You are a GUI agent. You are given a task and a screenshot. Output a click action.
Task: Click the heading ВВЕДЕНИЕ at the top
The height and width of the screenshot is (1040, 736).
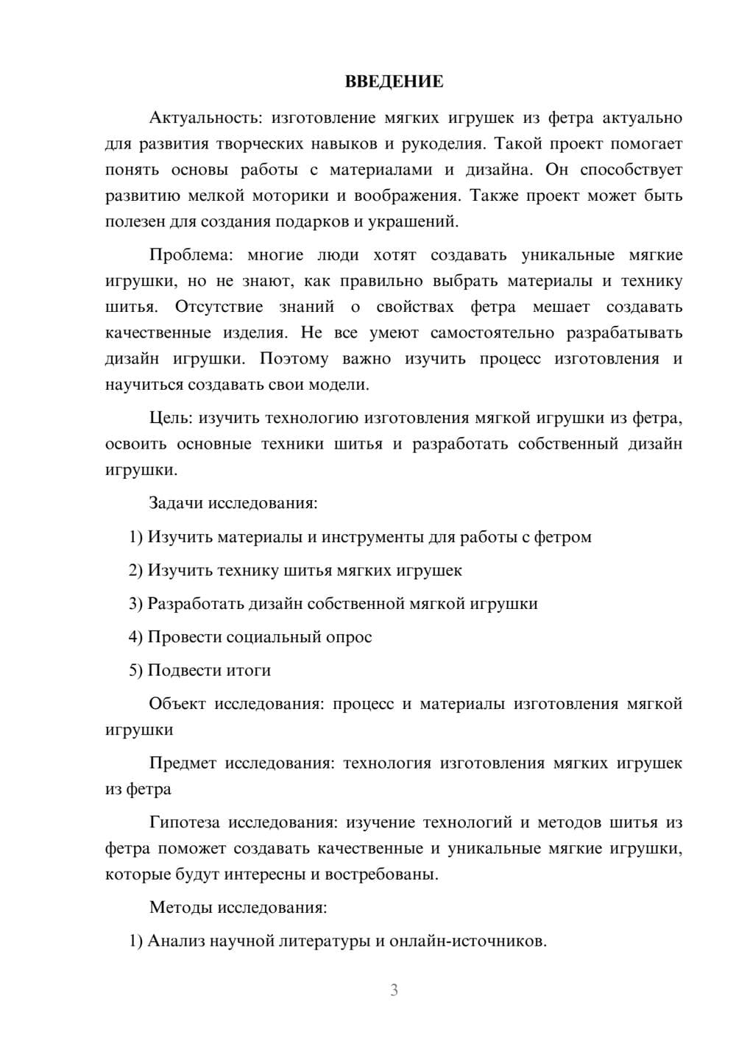click(x=394, y=82)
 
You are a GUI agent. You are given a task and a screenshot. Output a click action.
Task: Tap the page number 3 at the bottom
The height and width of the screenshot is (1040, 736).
click(x=394, y=990)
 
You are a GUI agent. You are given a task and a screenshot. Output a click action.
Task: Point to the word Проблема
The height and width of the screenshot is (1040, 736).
click(x=191, y=255)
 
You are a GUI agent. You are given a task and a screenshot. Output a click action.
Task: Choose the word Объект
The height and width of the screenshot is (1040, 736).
click(x=177, y=704)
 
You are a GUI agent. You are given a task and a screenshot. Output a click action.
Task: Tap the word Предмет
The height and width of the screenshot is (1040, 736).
click(x=183, y=763)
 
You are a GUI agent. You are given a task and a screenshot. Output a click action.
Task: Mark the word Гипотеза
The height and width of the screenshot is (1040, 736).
click(x=184, y=822)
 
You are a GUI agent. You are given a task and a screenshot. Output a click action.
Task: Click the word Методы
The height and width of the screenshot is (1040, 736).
click(x=180, y=908)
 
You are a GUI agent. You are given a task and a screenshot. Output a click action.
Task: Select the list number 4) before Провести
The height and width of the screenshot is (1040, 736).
click(x=135, y=637)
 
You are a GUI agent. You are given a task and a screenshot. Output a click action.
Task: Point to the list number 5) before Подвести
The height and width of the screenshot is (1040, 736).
click(x=135, y=671)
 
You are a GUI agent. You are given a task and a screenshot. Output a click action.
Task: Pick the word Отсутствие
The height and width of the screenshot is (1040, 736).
click(x=219, y=307)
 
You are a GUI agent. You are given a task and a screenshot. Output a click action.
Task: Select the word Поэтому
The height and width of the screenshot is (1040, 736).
click(x=294, y=359)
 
